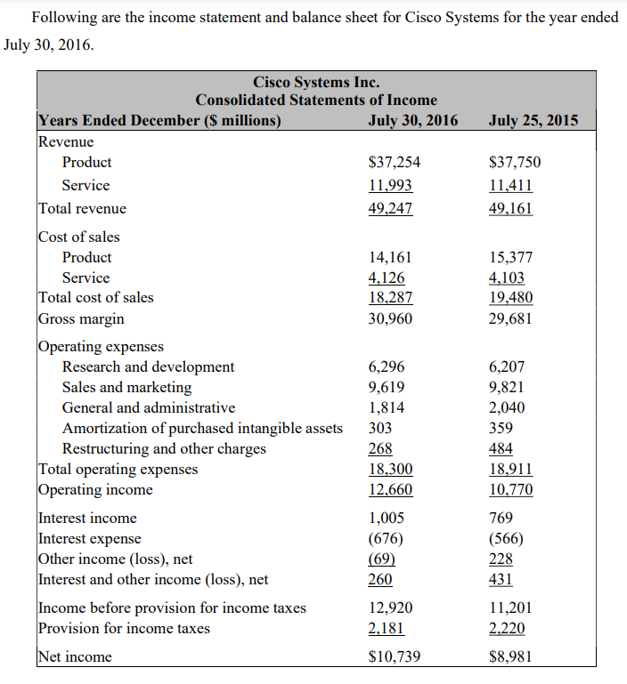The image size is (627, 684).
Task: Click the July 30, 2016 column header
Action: [412, 121]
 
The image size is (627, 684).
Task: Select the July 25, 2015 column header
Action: [533, 121]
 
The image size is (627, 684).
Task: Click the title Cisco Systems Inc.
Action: [316, 83]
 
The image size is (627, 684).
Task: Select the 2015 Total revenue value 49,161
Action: [511, 209]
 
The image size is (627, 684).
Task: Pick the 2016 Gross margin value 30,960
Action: [390, 318]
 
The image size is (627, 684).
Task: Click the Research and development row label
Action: [148, 366]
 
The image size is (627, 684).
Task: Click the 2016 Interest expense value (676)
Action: [387, 538]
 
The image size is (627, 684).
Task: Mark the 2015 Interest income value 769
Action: [502, 518]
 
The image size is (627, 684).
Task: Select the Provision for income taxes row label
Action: [124, 628]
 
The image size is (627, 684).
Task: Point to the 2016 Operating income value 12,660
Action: [390, 489]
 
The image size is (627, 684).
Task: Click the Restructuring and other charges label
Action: [164, 448]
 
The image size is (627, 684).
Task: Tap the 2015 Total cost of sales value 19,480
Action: [511, 298]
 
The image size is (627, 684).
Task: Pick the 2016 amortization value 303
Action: [380, 428]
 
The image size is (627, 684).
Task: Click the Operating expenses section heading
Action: [100, 346]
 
